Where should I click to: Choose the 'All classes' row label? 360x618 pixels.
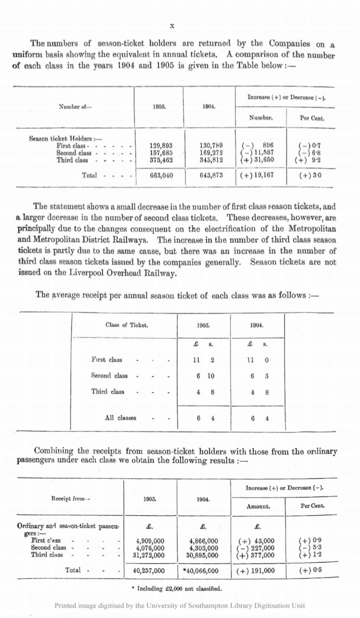coord(121,417)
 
